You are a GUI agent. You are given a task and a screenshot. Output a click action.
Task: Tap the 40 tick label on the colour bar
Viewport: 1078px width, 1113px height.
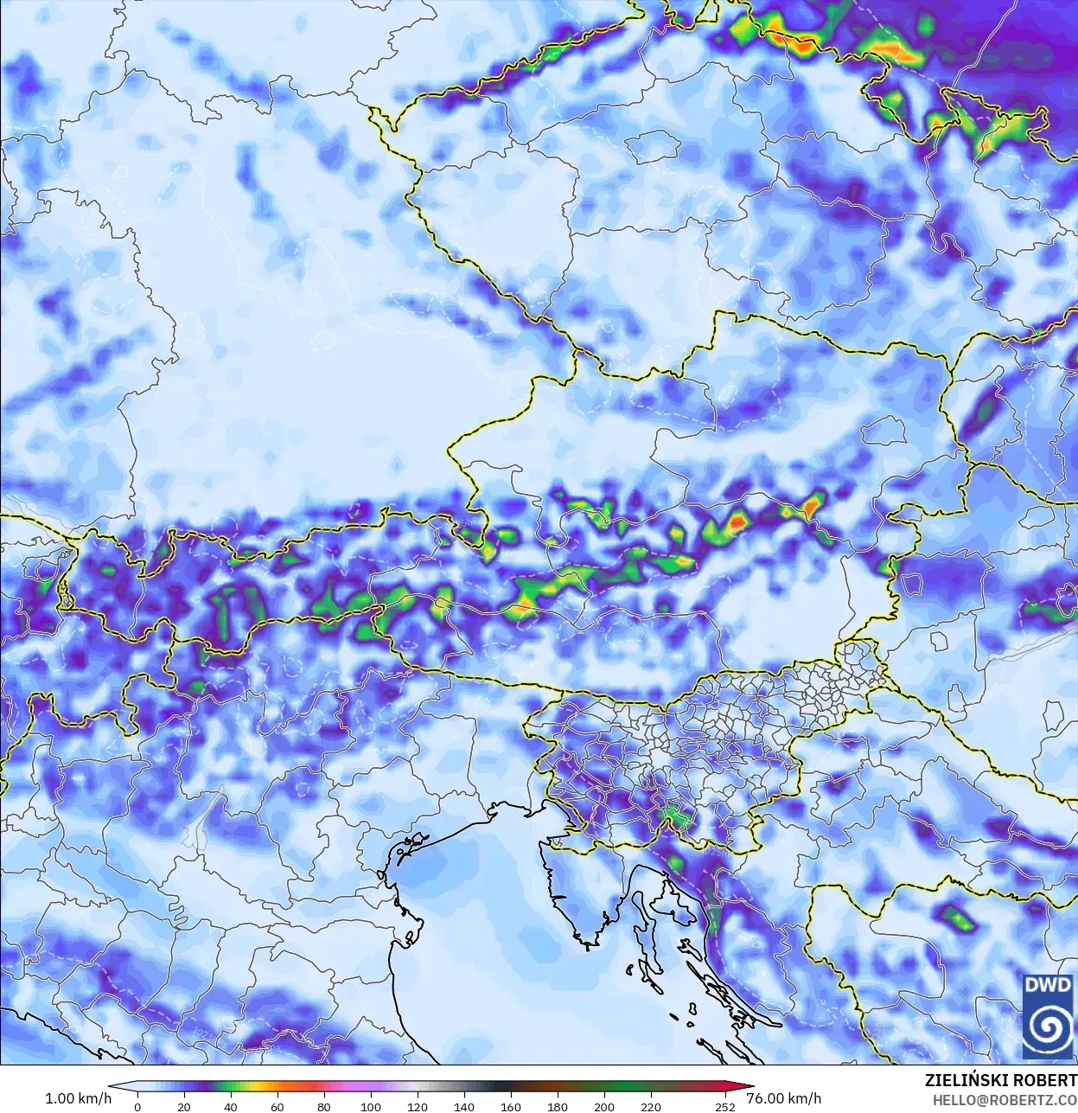230,1107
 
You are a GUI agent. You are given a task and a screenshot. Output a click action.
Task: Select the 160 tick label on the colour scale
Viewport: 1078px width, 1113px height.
511,1107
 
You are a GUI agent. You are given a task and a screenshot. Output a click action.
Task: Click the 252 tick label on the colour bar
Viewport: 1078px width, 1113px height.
725,1107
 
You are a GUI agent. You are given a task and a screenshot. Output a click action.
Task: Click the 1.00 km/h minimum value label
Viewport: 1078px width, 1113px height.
78,1098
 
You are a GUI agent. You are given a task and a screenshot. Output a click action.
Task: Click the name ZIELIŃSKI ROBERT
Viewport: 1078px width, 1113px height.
1000,1081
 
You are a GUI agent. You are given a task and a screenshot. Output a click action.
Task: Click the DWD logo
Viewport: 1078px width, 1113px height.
1047,1015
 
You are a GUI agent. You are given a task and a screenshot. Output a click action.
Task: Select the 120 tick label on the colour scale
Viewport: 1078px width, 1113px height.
418,1107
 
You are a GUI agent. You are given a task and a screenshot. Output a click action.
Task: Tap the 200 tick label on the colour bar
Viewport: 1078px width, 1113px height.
604,1107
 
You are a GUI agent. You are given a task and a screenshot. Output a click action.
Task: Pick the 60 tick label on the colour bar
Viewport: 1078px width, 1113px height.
277,1107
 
